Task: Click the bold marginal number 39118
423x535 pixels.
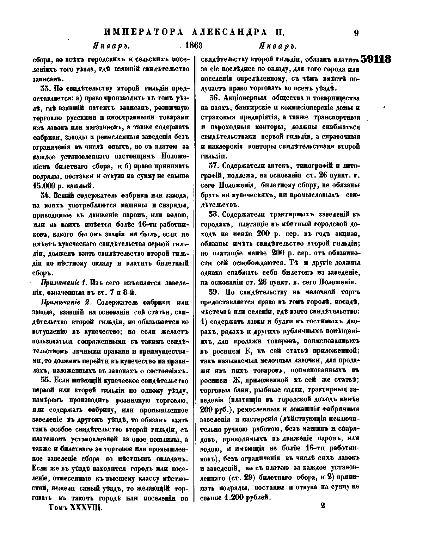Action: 376,59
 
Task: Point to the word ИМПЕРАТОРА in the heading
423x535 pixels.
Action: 144,33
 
